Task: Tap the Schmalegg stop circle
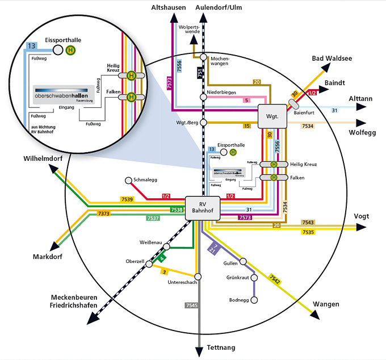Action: pyautogui.click(x=128, y=181)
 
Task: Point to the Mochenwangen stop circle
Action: pyautogui.click(x=203, y=57)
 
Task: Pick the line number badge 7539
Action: pyautogui.click(x=127, y=199)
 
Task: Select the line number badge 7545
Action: pyautogui.click(x=191, y=305)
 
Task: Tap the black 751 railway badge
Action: pyautogui.click(x=199, y=73)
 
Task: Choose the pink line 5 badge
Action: pyautogui.click(x=246, y=101)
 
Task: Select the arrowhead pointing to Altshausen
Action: pyautogui.click(x=173, y=22)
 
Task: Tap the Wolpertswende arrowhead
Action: pyautogui.click(x=194, y=39)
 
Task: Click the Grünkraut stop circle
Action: pyautogui.click(x=254, y=278)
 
